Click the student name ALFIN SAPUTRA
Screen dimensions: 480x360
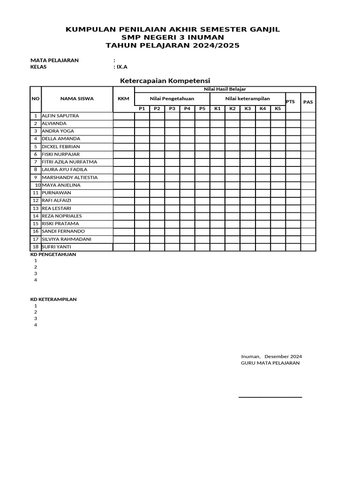[60, 115]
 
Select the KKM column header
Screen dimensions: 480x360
[123, 98]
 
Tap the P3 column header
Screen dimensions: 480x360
[172, 109]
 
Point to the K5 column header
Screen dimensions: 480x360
[278, 109]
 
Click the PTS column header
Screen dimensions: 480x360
[291, 101]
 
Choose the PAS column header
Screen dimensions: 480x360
[308, 102]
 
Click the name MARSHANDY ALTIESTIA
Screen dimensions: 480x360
[70, 177]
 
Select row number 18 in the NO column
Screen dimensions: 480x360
[35, 247]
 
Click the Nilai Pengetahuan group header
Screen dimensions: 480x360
[172, 98]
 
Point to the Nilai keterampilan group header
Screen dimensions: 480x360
[247, 98]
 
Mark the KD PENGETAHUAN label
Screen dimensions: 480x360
[53, 255]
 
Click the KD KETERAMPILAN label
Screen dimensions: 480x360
[53, 299]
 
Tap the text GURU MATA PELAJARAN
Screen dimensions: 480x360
[270, 363]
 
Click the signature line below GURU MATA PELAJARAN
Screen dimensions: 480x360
[270, 397]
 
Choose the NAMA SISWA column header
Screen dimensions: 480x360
[77, 98]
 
